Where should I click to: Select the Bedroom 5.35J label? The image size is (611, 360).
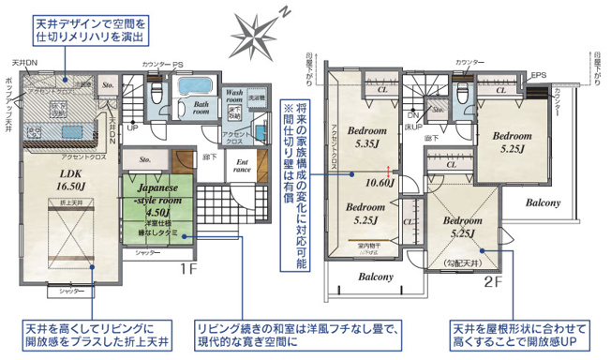pos(366,136)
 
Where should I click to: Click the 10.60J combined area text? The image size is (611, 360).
pos(380,184)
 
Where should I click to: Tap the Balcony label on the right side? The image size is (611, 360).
pos(544,202)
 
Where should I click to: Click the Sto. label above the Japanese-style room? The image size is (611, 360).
pos(145,160)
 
